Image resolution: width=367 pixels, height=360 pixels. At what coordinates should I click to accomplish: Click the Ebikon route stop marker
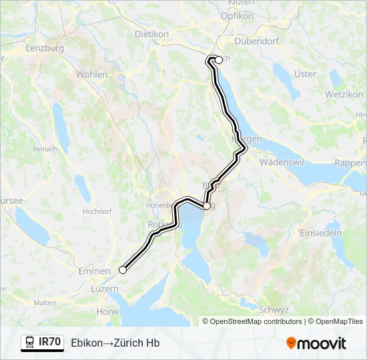click(x=123, y=270)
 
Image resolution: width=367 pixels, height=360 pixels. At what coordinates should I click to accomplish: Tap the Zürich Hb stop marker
click(x=218, y=59)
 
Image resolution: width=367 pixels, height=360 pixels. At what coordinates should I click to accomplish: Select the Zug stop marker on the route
click(x=207, y=206)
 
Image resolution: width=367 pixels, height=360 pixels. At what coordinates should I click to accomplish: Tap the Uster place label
click(x=305, y=74)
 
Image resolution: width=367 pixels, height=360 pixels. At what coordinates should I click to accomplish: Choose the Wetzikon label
click(x=344, y=95)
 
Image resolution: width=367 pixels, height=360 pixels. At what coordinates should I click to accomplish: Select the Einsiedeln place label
click(x=320, y=233)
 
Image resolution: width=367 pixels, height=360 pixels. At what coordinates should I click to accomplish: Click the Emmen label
click(x=89, y=271)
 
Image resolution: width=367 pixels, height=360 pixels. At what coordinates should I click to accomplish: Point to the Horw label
click(x=107, y=311)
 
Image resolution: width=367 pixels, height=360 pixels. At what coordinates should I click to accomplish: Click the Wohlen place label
click(x=91, y=75)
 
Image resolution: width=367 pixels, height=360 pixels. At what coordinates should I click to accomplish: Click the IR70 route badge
click(x=43, y=343)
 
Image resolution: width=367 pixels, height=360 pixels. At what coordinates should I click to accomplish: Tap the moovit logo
click(x=316, y=343)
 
